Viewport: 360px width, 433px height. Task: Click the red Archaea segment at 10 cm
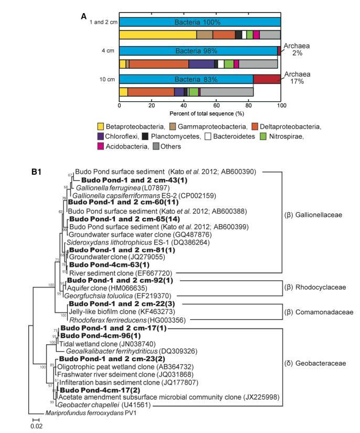pyautogui.click(x=268, y=79)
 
